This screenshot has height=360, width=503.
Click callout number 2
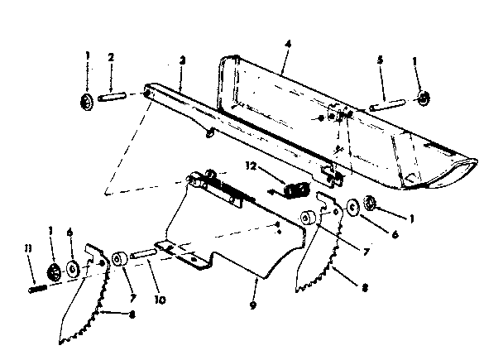point(110,59)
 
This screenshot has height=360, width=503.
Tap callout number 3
point(181,60)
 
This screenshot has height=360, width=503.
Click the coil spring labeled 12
point(291,190)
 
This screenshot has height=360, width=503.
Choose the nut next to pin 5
point(423,99)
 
